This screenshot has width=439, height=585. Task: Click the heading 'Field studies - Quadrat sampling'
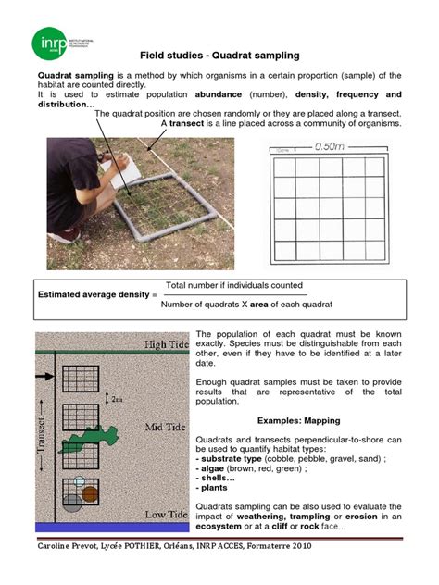[219, 57]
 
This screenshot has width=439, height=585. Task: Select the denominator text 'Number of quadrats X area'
[227, 305]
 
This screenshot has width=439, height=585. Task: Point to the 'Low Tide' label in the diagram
[167, 514]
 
